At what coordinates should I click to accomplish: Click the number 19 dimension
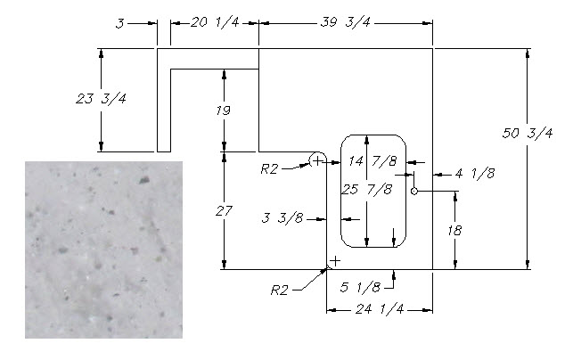[x=224, y=111]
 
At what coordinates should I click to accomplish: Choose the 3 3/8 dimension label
[x=284, y=217]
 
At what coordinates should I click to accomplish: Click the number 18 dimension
[x=454, y=229]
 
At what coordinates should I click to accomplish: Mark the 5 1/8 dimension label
[x=362, y=287]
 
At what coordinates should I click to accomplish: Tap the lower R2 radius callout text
[x=282, y=290]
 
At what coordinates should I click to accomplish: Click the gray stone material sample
[x=103, y=250]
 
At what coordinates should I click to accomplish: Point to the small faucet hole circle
[x=414, y=191]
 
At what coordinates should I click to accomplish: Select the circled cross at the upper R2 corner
[x=317, y=160]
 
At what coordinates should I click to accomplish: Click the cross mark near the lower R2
[x=334, y=261]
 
